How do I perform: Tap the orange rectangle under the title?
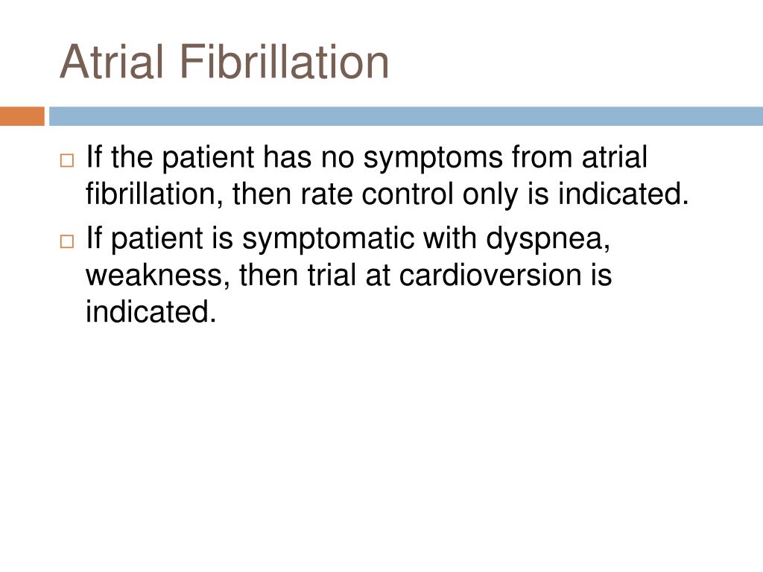tap(22, 116)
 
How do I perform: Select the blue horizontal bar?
tap(406, 116)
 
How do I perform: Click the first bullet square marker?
tap(67, 161)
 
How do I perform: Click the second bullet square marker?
tap(67, 241)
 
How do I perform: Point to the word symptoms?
tap(433, 159)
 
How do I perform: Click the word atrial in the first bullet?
tap(615, 156)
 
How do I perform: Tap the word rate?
tap(327, 194)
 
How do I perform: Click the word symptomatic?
tap(328, 239)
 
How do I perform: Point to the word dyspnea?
tap(548, 239)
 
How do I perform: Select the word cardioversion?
tap(490, 274)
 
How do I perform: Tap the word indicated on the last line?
tap(151, 311)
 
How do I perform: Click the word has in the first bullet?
tap(287, 156)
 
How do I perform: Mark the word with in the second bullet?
tap(449, 238)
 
